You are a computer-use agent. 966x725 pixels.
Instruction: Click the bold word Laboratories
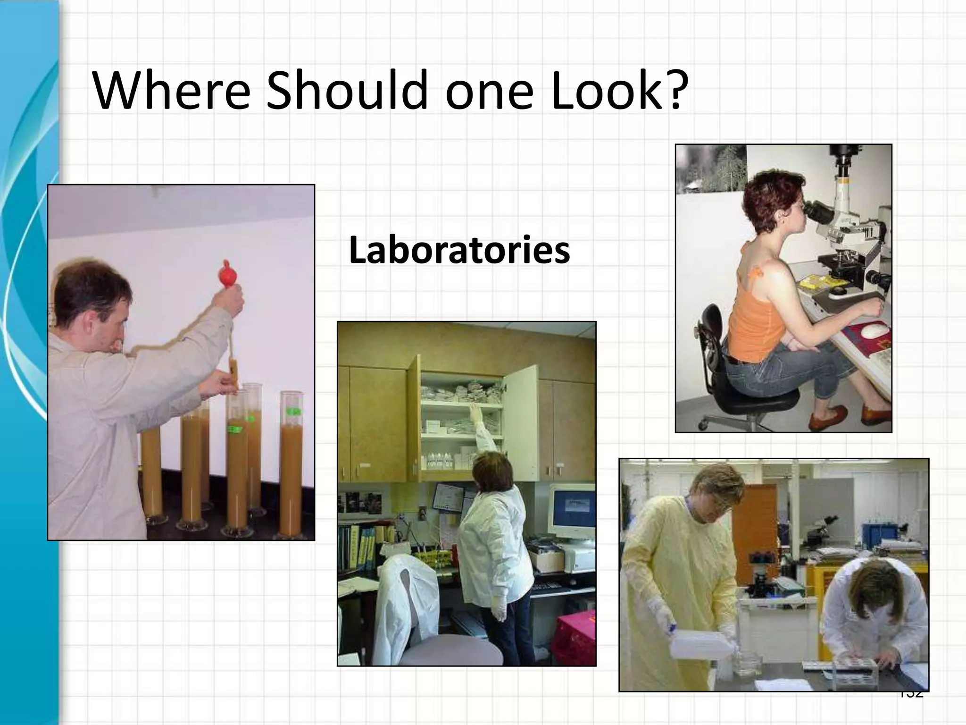click(x=459, y=251)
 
